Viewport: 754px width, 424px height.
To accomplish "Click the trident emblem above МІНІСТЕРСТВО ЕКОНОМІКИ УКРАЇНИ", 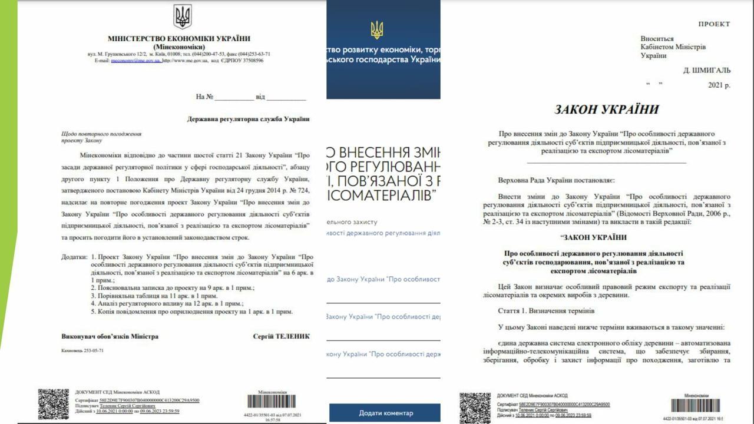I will click(x=182, y=16).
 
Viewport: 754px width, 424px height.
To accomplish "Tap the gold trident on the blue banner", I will click(x=376, y=29).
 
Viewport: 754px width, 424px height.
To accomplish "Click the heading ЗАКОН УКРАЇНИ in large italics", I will click(x=607, y=110).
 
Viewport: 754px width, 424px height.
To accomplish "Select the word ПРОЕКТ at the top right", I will click(x=714, y=24).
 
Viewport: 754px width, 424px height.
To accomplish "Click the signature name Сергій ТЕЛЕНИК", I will click(x=281, y=336).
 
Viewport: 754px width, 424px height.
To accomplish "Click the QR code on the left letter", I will click(x=53, y=403).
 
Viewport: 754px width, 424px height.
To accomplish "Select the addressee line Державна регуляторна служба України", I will click(x=248, y=119).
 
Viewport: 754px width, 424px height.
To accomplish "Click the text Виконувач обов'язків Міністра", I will click(x=110, y=336).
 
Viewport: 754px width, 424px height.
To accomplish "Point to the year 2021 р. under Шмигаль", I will click(x=719, y=85).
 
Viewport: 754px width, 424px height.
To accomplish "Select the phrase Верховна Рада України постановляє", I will click(x=556, y=178).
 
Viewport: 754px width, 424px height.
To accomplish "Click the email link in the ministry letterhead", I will click(x=135, y=60).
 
